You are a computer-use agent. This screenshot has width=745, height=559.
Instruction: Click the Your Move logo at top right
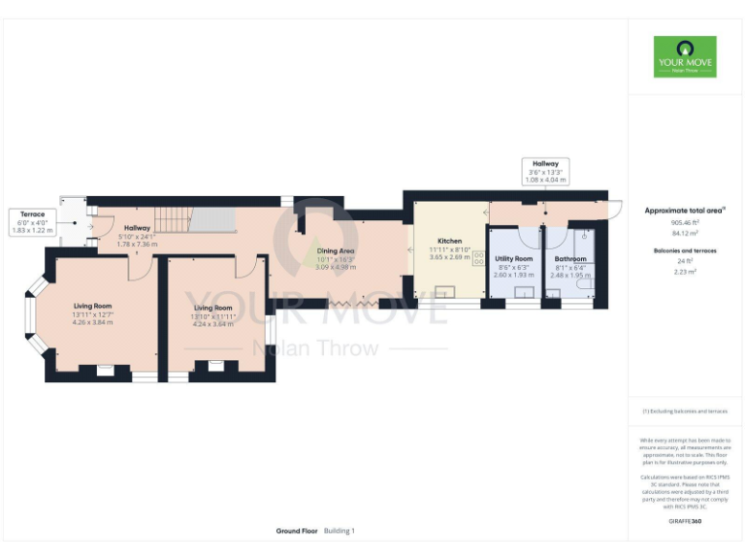pos(685,56)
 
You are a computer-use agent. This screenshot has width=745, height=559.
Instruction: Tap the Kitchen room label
pos(449,241)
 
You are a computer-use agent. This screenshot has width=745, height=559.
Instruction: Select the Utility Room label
pos(513,259)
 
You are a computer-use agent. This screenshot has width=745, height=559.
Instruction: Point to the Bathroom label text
pos(570,259)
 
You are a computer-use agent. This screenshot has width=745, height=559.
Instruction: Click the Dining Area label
pos(337,251)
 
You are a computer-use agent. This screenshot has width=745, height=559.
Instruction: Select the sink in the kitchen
pos(447,291)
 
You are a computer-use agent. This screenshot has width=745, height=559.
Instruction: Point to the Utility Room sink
pos(524,292)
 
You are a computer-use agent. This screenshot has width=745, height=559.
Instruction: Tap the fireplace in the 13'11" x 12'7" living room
pos(105,370)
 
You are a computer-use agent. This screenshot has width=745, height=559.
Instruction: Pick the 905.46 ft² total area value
pos(685,222)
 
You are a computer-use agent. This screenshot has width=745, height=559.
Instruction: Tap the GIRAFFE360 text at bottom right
pos(684,522)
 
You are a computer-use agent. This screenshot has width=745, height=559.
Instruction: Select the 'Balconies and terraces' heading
pos(685,249)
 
